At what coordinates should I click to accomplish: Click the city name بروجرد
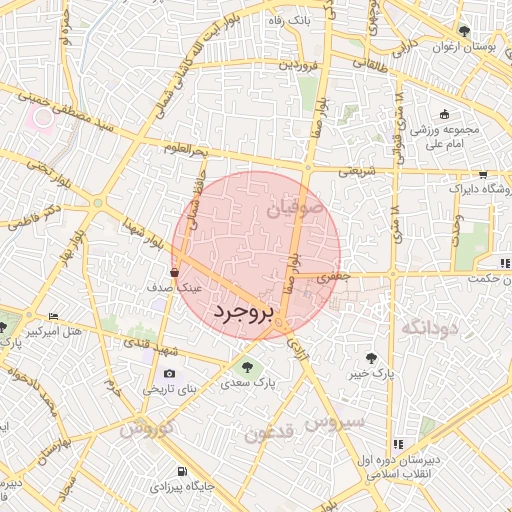click(243, 313)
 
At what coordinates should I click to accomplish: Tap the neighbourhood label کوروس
click(146, 428)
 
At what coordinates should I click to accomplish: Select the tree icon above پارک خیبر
click(372, 357)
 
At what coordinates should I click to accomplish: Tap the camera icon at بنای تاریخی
click(169, 374)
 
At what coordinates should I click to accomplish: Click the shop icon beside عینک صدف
click(176, 271)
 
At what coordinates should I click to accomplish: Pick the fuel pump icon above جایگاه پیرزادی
click(181, 471)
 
